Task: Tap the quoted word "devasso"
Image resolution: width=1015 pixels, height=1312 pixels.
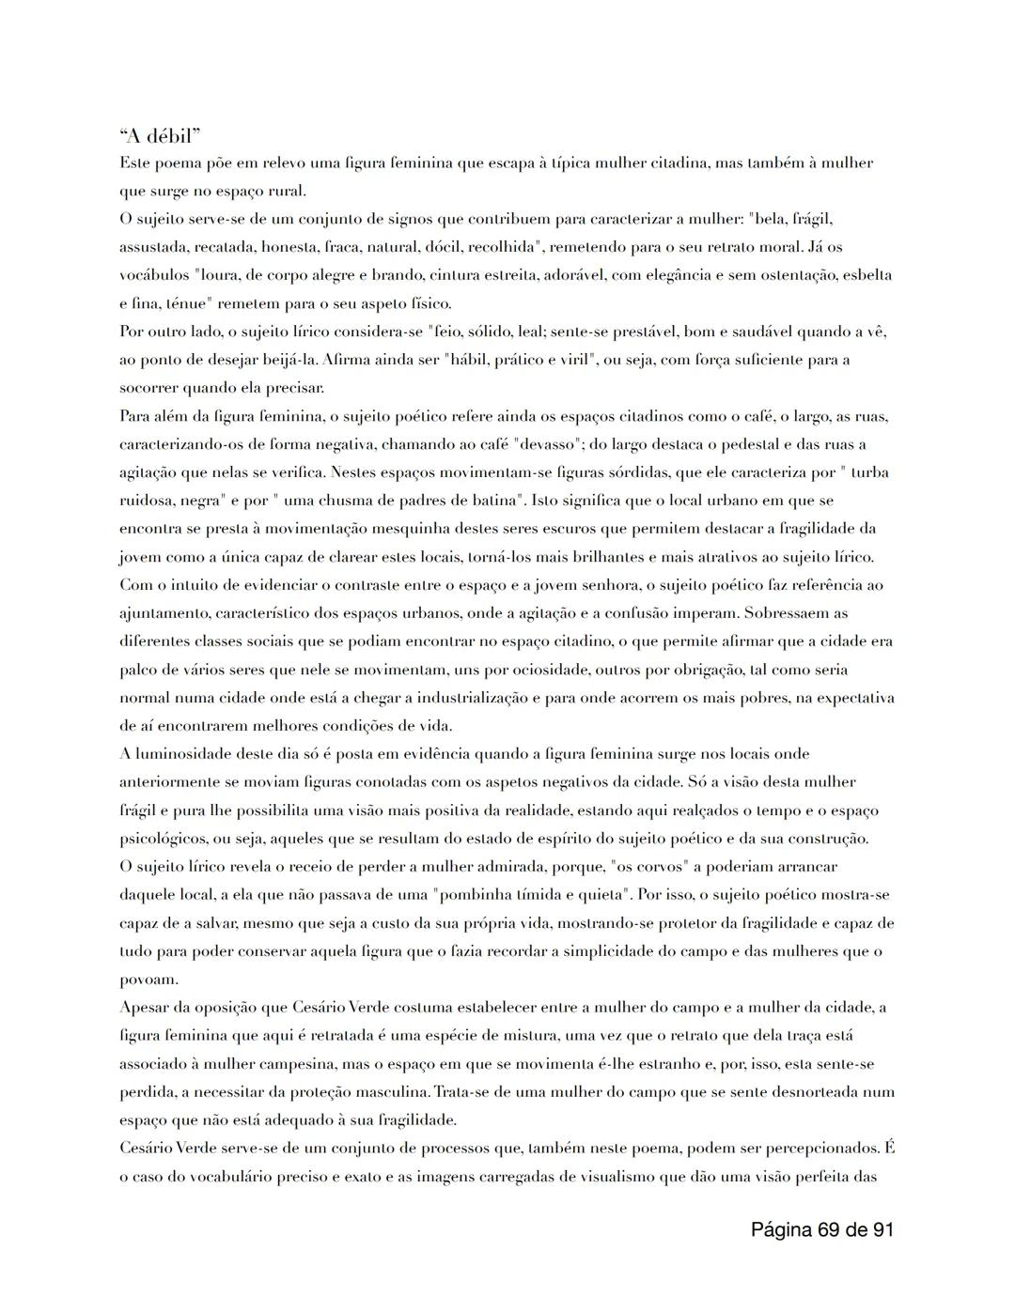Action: (535, 444)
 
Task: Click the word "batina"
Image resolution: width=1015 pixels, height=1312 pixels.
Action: (481, 501)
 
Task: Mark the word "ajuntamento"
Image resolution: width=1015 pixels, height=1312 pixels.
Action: (164, 613)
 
